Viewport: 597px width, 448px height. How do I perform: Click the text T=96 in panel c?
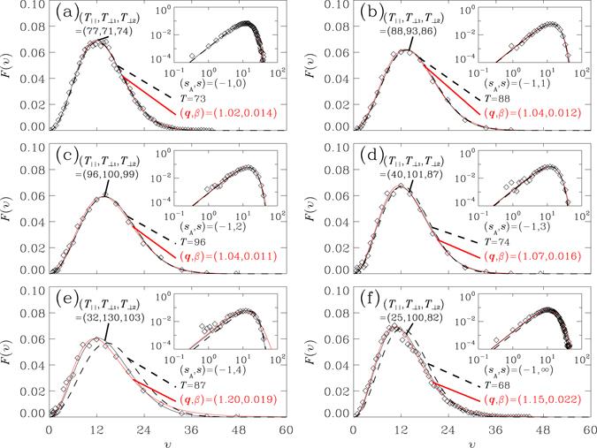[200, 245]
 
